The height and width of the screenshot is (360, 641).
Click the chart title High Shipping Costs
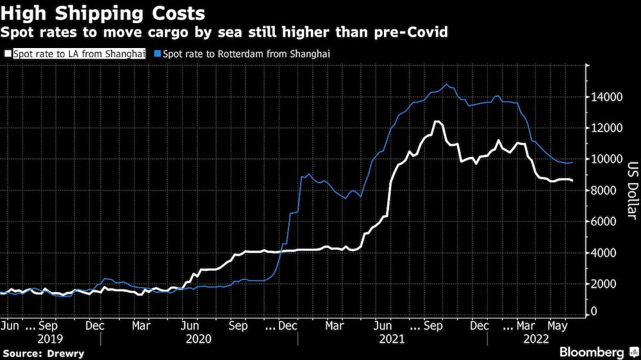coord(103,13)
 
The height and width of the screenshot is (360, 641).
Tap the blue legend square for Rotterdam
coord(158,55)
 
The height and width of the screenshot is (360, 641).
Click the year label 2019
coord(49,339)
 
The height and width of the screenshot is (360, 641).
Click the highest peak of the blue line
coord(447,85)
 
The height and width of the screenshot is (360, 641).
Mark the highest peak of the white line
coord(437,122)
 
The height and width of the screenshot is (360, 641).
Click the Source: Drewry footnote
coord(43,353)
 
